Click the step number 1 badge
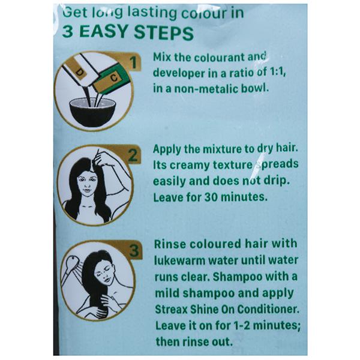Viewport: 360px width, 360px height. tap(133, 62)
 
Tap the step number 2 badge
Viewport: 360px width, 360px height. tap(133, 155)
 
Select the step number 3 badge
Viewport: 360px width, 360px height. tap(134, 250)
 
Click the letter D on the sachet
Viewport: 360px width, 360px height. tap(79, 73)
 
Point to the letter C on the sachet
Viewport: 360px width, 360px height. tap(113, 78)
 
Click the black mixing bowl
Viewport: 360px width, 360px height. tap(92, 113)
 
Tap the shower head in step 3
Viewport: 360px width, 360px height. tap(73, 262)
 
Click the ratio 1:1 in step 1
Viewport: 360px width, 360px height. tap(278, 73)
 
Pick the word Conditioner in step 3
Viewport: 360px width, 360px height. tap(268, 309)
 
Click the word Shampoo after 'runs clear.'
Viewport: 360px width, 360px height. tap(238, 277)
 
